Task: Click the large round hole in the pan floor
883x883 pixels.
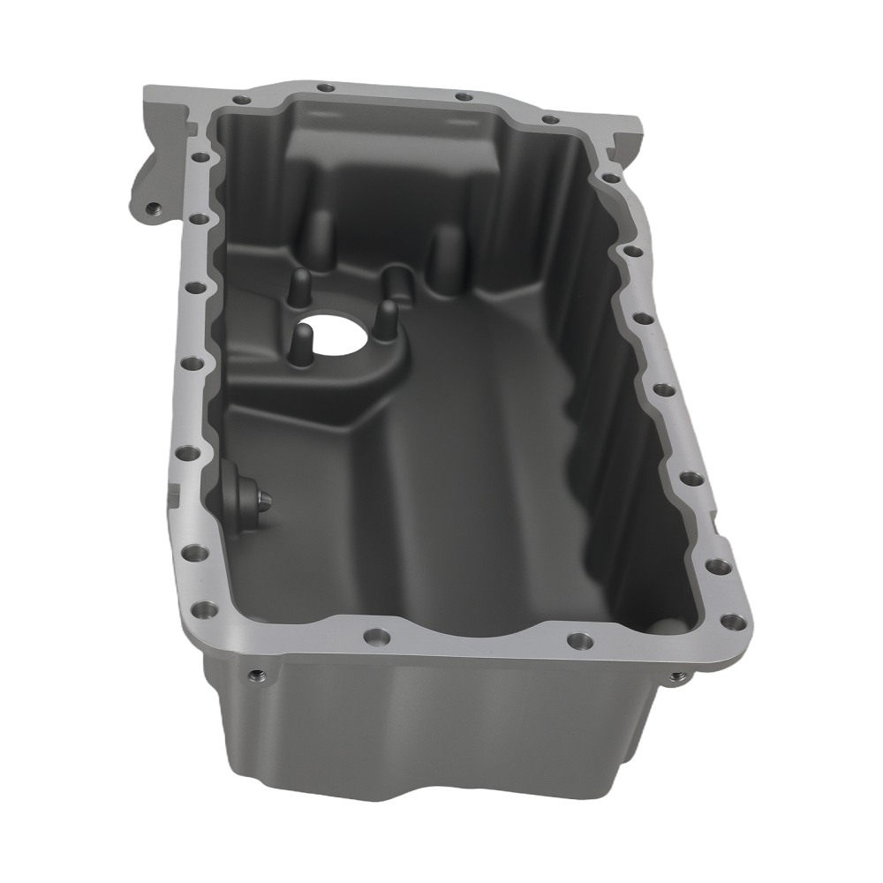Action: [341, 330]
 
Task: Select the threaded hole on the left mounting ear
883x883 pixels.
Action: [151, 209]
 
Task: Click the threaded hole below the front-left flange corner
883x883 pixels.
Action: [254, 675]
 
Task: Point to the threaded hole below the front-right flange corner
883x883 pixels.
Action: [676, 676]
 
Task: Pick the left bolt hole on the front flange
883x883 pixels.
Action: [377, 635]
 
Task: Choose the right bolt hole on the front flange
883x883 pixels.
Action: [578, 639]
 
